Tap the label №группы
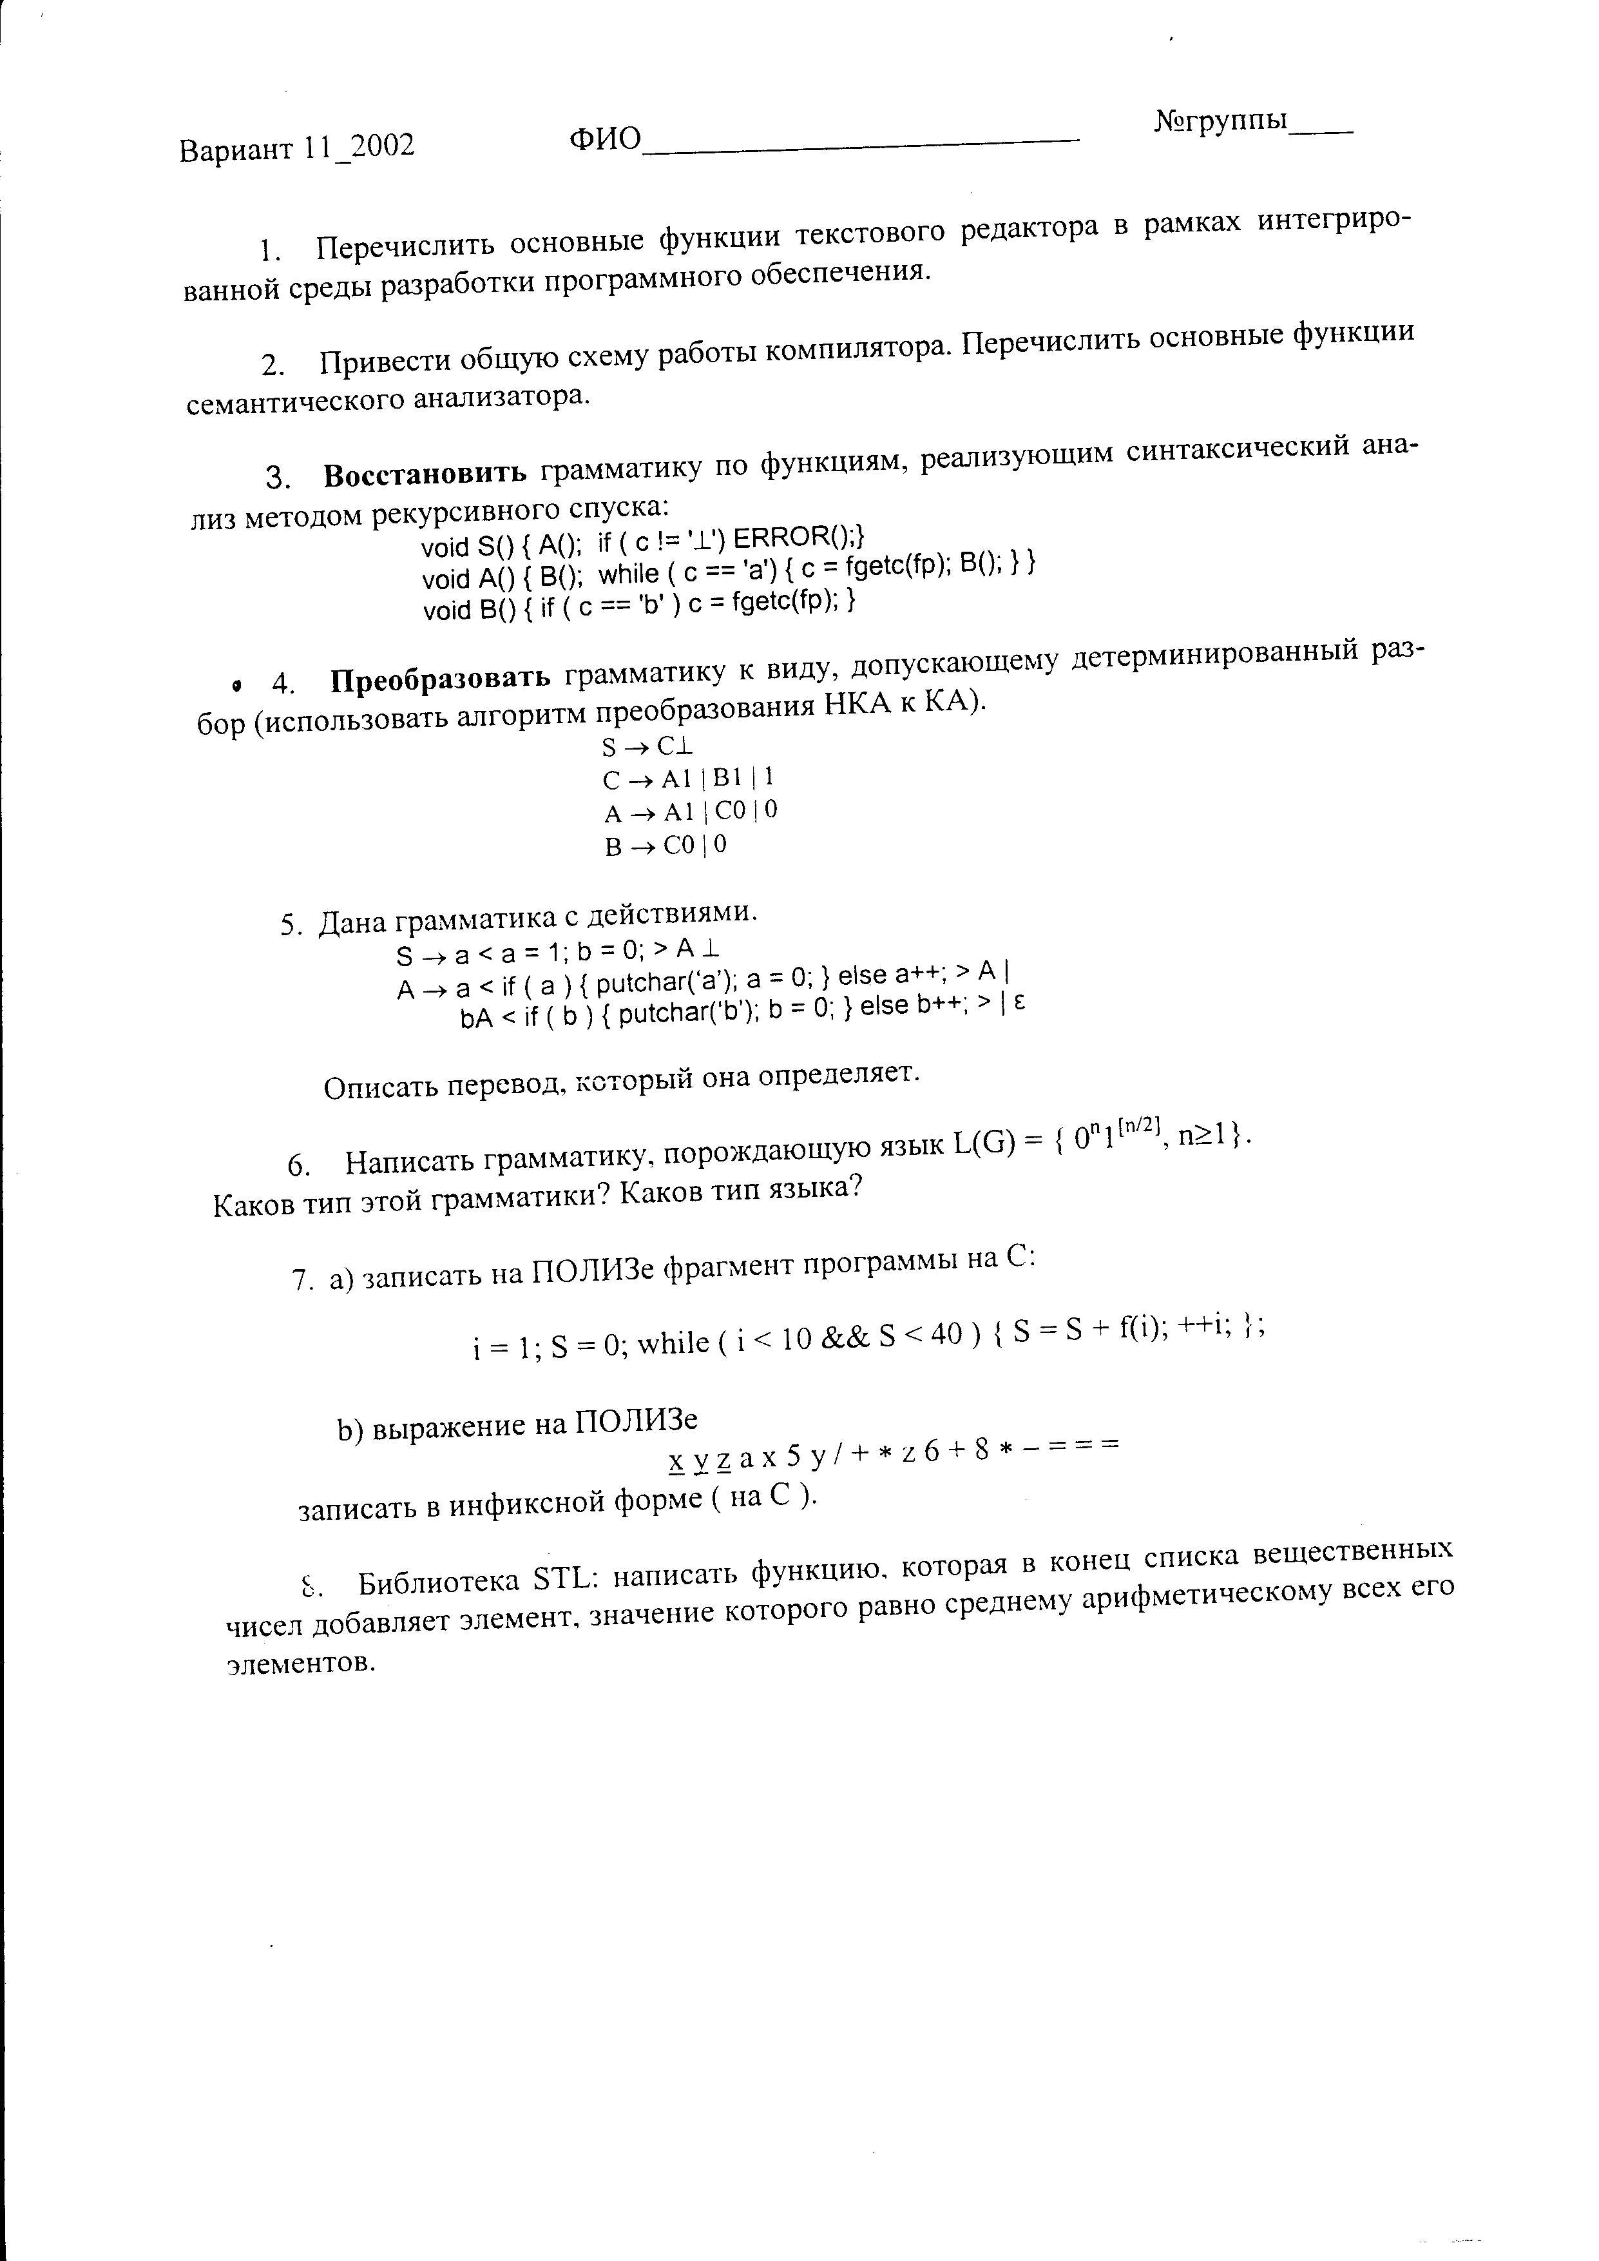(x=1220, y=121)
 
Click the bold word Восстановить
(x=425, y=474)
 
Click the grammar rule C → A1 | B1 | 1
(x=687, y=779)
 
